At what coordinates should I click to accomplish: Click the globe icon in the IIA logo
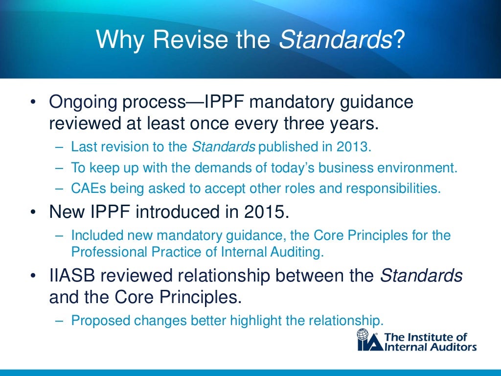pos(363,335)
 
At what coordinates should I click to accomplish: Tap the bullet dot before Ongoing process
pos(33,104)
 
